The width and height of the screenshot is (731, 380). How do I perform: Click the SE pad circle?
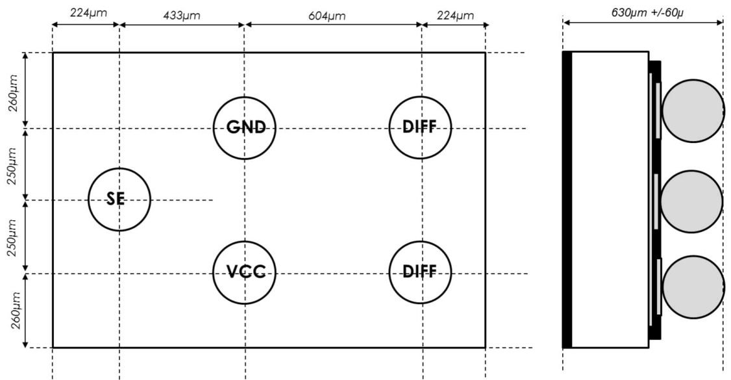pos(119,199)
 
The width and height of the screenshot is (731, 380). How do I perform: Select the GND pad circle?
pos(245,127)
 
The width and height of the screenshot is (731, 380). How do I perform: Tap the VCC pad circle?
pos(245,272)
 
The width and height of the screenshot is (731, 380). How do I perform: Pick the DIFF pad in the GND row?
pos(420,127)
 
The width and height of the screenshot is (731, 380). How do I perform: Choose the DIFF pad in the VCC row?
pos(420,272)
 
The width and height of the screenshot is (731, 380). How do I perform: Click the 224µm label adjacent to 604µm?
pos(454,15)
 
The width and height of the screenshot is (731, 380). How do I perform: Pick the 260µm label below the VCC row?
pos(14,310)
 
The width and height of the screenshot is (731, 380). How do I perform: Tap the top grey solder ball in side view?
pos(693,111)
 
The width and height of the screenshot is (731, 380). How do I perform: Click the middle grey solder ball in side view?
pos(692,201)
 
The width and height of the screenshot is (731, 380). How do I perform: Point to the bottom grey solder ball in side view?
pos(693,287)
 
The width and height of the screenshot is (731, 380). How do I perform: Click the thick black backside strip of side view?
pos(567,199)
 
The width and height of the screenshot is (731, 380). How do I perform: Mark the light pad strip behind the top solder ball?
pos(658,110)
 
